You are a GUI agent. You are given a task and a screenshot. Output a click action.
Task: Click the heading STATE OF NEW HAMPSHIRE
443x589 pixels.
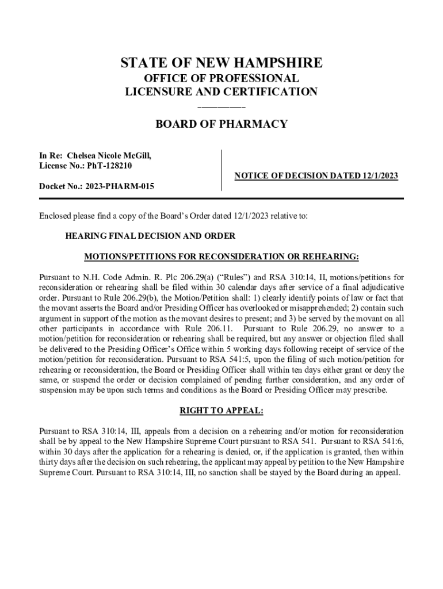[221, 63]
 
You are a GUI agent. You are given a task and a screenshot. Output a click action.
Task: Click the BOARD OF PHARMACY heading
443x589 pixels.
[221, 124]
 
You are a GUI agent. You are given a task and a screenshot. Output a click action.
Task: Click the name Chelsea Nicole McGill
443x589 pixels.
[109, 155]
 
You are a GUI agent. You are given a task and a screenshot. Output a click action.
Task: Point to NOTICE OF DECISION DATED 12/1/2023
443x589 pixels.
[316, 176]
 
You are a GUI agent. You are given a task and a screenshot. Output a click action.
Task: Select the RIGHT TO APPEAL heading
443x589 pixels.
[221, 411]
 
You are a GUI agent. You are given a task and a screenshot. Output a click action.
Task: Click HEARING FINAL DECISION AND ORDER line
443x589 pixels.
[150, 236]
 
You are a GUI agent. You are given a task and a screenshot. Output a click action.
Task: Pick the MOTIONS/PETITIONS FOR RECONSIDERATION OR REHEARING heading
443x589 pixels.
[221, 255]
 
